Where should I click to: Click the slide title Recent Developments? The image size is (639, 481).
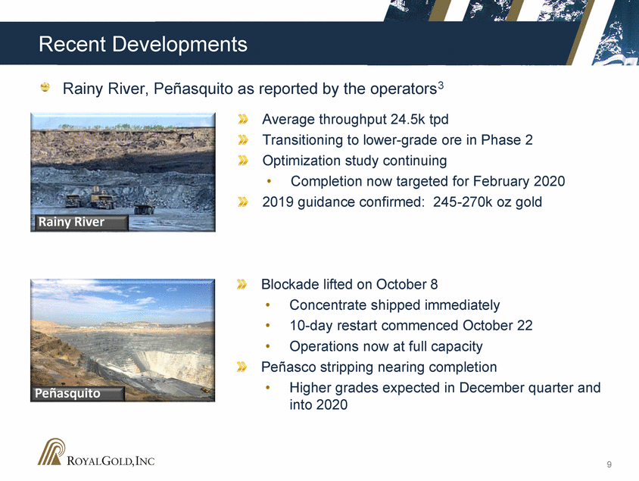pos(143,44)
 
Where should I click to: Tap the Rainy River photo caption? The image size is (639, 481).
pos(71,222)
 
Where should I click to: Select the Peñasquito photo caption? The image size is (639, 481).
pos(67,393)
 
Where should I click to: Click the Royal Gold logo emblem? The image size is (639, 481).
pos(51,451)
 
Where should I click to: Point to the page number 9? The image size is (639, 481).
pos(609,464)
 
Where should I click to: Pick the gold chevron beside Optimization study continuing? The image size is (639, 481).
pos(243,161)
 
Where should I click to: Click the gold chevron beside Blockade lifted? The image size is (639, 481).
pos(242,285)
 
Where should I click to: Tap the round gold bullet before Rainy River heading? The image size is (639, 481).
pos(45,87)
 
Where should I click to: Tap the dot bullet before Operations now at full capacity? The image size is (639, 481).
pos(268,346)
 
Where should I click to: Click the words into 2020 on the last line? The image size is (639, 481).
pos(319,404)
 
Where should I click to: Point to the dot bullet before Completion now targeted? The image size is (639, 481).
pos(269,181)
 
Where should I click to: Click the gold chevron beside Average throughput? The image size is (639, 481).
pos(243,120)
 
